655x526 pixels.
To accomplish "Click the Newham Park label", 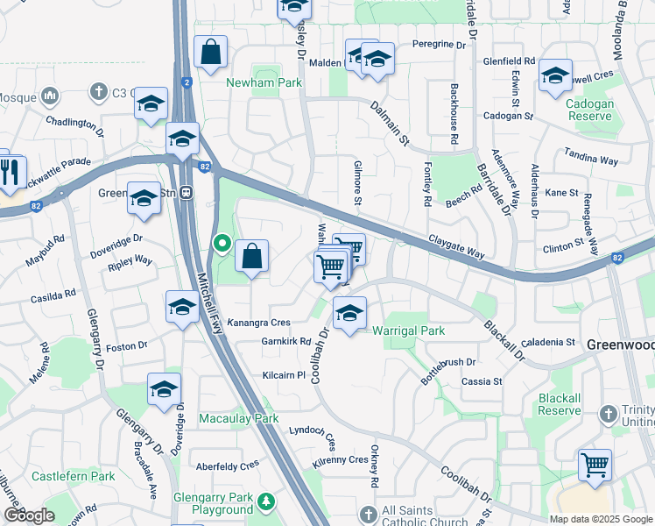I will point(264,82).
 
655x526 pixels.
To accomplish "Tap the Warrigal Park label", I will point(409,331).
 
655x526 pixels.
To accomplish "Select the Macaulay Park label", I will point(239,419).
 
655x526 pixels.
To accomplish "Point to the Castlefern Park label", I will point(74,476).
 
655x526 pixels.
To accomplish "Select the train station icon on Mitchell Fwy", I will point(187,194).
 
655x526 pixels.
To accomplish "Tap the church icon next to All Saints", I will point(368,512).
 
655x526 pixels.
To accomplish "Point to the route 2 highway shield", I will point(187,82).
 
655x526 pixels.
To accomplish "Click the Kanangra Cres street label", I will point(258,323).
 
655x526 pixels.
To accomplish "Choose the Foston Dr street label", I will point(121,346).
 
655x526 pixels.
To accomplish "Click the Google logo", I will point(29,515).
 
